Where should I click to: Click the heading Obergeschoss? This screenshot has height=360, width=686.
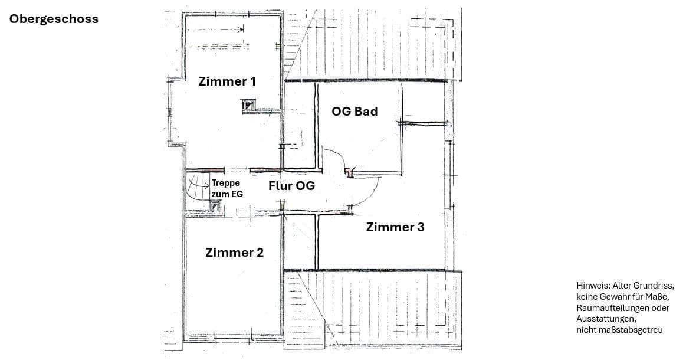tap(54, 19)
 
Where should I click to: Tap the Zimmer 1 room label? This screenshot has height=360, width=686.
tap(227, 81)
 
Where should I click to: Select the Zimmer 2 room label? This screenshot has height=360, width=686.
tap(234, 253)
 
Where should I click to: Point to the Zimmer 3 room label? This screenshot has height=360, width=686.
tap(395, 227)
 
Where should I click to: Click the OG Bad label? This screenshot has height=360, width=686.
tap(355, 111)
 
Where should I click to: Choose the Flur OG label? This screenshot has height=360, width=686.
tap(291, 186)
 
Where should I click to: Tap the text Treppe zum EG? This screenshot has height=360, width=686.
tap(227, 188)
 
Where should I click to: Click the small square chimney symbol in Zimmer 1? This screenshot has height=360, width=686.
tap(249, 106)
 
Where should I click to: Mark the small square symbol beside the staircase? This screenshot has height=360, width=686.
tap(215, 205)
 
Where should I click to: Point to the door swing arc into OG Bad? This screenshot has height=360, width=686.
tap(336, 158)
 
